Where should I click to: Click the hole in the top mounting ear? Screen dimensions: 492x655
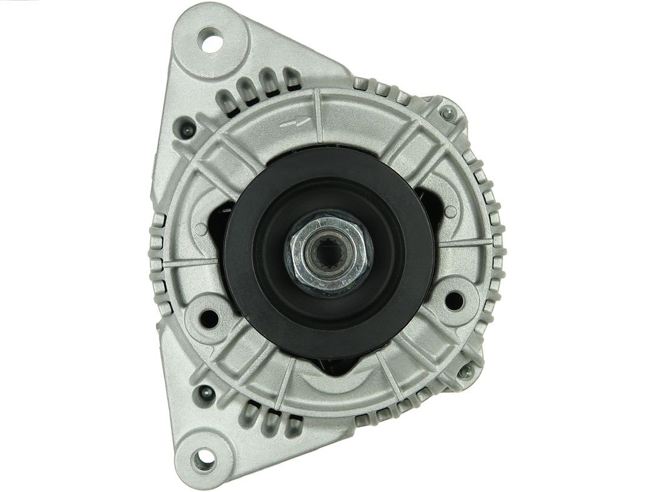click(x=212, y=43)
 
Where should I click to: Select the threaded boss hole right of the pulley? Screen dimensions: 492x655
click(x=454, y=300)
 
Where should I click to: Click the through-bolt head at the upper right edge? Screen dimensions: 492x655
click(x=448, y=112)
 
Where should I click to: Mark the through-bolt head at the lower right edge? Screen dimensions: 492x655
click(x=466, y=371)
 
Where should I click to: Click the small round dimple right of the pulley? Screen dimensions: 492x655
click(x=451, y=212)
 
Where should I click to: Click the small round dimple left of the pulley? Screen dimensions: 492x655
click(x=201, y=229)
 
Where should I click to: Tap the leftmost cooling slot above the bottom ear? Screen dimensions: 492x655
click(x=250, y=413)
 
